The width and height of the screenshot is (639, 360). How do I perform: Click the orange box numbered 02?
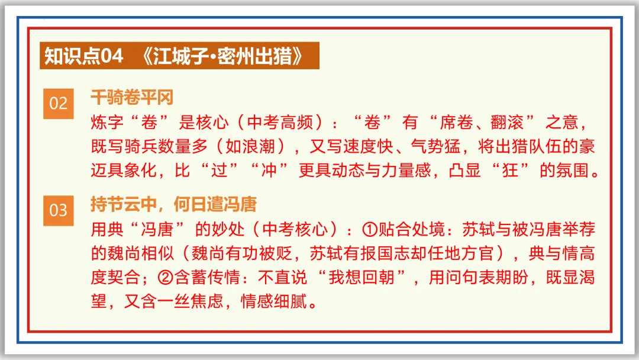point(58,104)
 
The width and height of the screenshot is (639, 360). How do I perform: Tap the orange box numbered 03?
point(58,210)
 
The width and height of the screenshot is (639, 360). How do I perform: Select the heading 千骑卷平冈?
point(131,97)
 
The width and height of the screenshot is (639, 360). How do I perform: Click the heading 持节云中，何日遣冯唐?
point(173,204)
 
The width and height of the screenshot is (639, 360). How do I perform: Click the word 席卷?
point(456,123)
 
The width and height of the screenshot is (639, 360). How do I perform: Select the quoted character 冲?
point(269,172)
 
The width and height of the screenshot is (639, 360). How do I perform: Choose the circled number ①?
point(369,229)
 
